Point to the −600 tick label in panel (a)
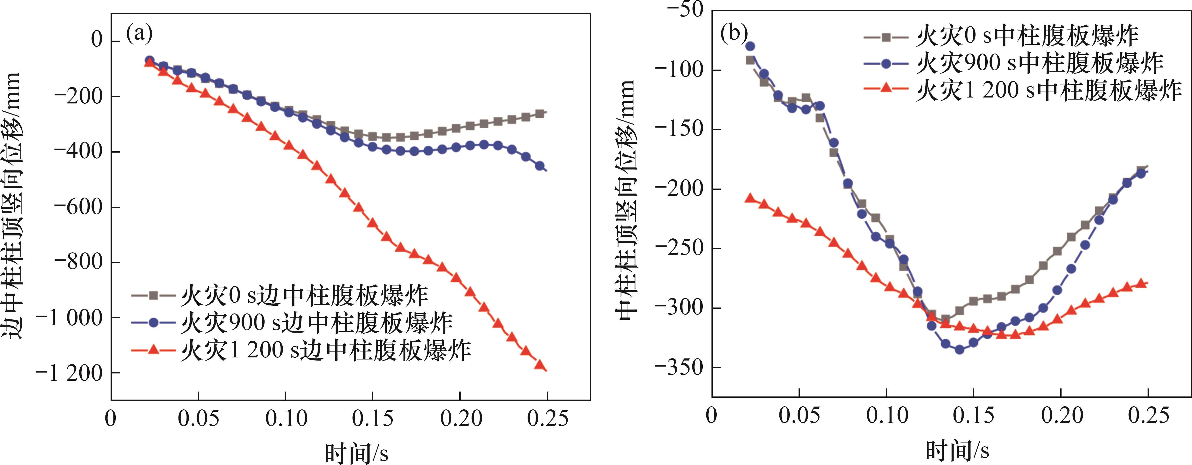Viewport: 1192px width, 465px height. (x=78, y=207)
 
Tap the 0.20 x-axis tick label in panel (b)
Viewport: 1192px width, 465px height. (x=1062, y=415)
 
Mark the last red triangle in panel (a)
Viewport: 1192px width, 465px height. (x=539, y=364)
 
